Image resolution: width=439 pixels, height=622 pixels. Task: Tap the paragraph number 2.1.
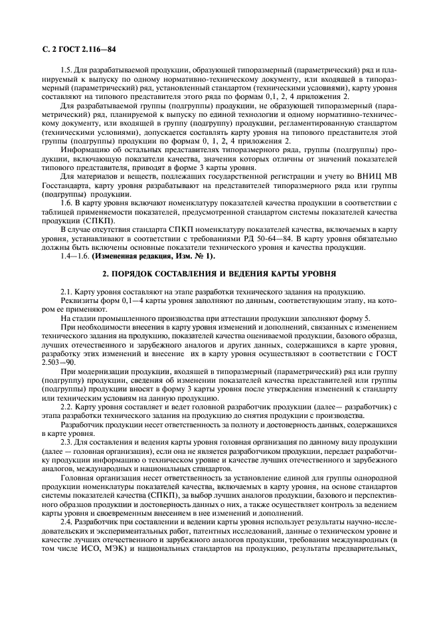(67, 292)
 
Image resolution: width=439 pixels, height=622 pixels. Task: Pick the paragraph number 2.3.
(67, 443)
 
